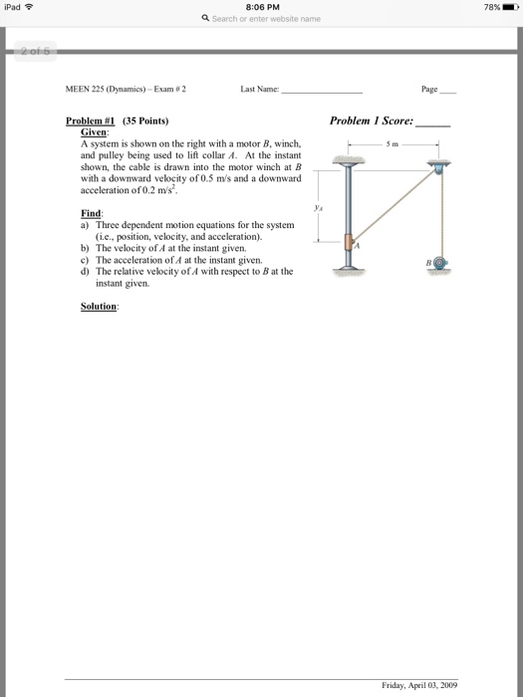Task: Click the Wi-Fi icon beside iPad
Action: [x=29, y=7]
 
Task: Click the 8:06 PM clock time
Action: [x=262, y=7]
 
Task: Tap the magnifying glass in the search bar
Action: [x=205, y=18]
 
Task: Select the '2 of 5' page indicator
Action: [x=36, y=51]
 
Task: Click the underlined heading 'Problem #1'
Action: [x=91, y=120]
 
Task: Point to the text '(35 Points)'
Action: [x=145, y=120]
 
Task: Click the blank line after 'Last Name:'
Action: [x=323, y=93]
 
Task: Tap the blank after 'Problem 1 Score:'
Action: [x=432, y=125]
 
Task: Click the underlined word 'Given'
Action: [x=94, y=132]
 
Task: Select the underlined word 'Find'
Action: [x=91, y=213]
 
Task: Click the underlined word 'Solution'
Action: [x=99, y=307]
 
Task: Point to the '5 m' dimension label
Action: [x=392, y=144]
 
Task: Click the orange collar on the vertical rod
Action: [x=349, y=242]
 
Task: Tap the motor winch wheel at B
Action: [x=440, y=263]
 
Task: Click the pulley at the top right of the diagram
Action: [x=438, y=169]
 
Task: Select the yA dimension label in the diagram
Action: [x=318, y=207]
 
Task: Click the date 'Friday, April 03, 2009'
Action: [x=419, y=685]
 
